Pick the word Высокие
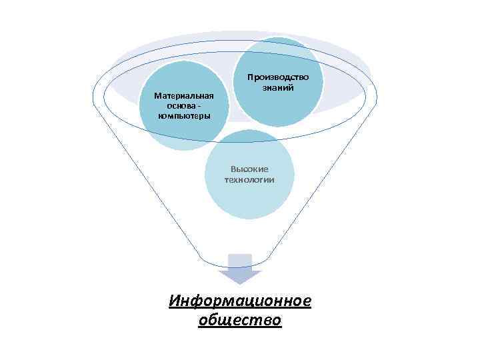click(x=249, y=170)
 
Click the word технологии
click(x=249, y=180)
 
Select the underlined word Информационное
click(x=240, y=301)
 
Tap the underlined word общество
click(x=240, y=321)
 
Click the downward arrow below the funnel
click(x=240, y=268)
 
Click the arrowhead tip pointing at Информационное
click(x=240, y=283)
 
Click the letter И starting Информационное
click(x=175, y=301)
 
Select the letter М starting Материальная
click(x=157, y=96)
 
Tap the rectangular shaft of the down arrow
click(x=240, y=261)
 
